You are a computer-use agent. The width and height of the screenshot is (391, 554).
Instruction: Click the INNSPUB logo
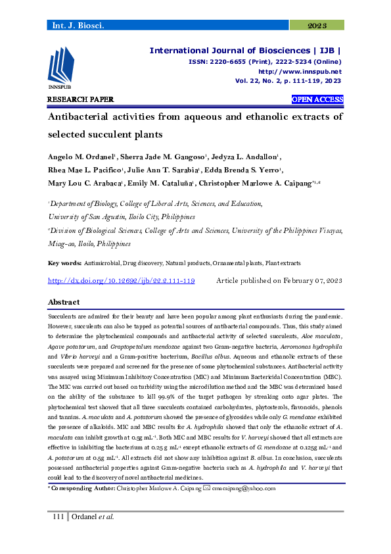tap(60, 70)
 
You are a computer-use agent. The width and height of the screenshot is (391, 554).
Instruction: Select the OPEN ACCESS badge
tap(317, 99)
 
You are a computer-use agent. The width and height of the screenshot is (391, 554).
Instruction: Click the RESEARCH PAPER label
tap(80, 99)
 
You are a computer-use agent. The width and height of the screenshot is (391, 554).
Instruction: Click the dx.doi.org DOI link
tap(122, 280)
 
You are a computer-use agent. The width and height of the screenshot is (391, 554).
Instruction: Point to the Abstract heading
tap(64, 302)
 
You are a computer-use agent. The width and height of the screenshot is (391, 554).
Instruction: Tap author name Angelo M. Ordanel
tap(81, 157)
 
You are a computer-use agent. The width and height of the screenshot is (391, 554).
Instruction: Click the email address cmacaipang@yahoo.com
tap(244, 489)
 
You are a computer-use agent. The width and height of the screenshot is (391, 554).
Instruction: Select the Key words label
tap(64, 263)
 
